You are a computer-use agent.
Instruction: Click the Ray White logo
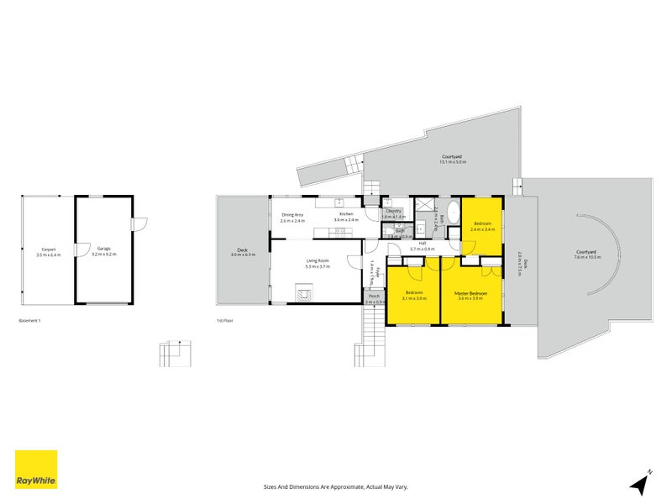(36, 470)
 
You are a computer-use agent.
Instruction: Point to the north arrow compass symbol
(642, 482)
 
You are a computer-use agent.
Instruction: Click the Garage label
(103, 249)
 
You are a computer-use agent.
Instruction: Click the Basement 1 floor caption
(29, 321)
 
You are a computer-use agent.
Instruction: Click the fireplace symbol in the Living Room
(303, 294)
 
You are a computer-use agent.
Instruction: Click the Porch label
(374, 296)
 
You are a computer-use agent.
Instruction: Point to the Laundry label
(393, 211)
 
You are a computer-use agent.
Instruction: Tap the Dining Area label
(292, 215)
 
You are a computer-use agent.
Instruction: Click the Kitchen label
(346, 215)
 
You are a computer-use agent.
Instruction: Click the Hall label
(412, 244)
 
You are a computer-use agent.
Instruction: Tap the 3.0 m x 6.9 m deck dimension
(242, 255)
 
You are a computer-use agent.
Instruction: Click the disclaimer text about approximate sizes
(336, 486)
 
